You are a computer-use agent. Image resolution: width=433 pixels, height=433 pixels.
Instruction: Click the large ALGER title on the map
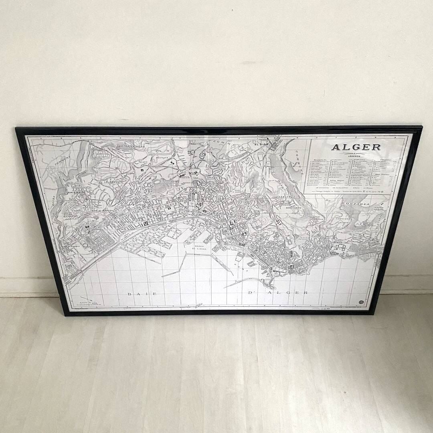[x=356, y=147]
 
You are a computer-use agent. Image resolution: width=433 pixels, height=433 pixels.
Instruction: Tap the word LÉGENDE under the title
[x=355, y=156]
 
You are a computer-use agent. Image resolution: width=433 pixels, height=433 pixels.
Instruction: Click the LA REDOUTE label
[x=111, y=182]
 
